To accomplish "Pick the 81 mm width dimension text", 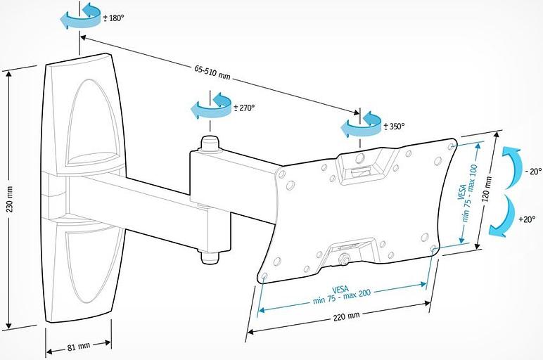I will [x=78, y=347].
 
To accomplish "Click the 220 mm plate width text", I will [x=345, y=317].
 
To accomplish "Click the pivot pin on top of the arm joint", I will [x=210, y=143].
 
